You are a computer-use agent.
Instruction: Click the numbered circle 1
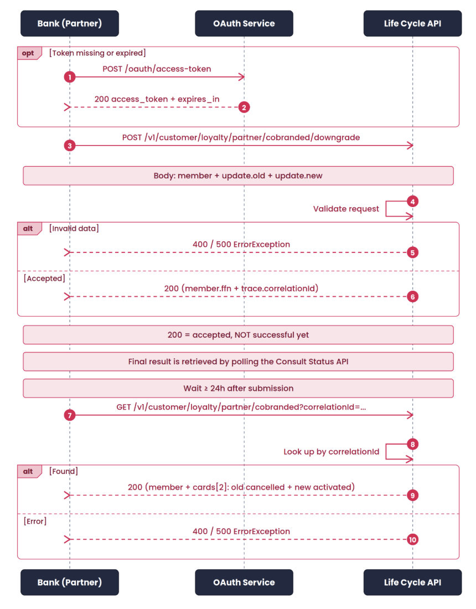[70, 77]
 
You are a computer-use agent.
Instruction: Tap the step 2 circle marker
[244, 107]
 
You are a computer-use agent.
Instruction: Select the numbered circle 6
[412, 297]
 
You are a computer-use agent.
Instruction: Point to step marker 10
[412, 539]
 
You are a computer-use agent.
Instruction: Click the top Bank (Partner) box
[70, 23]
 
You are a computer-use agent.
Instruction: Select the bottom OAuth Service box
[244, 582]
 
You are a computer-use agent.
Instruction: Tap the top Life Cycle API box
[412, 23]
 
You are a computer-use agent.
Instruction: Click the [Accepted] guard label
[44, 278]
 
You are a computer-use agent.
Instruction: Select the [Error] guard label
[35, 521]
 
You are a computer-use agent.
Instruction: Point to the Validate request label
[346, 209]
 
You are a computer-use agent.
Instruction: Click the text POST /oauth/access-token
[157, 69]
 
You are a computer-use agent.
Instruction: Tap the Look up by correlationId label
[331, 452]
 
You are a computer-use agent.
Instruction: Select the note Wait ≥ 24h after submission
[238, 389]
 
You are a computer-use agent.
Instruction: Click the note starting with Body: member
[238, 176]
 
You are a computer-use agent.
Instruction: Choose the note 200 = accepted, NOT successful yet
[238, 335]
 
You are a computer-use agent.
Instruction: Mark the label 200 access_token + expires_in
[157, 100]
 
